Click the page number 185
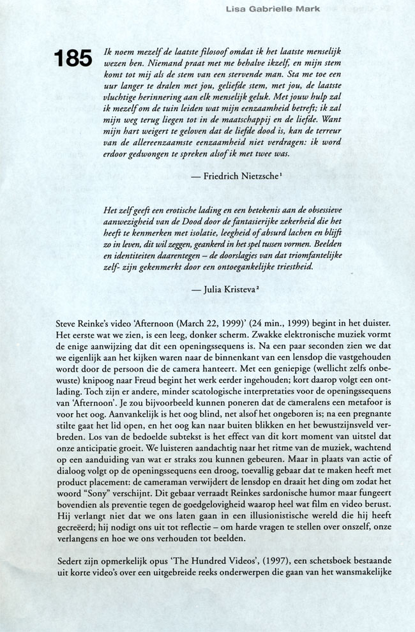74,59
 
